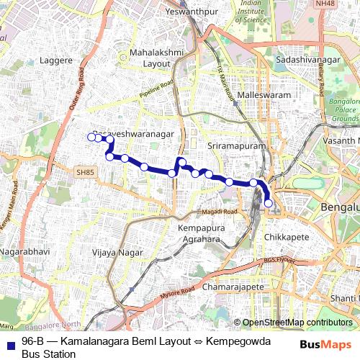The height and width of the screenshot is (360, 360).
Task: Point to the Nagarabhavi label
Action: click(24, 253)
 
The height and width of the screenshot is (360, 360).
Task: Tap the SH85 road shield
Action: click(85, 172)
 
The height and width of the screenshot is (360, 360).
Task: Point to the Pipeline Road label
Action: click(158, 90)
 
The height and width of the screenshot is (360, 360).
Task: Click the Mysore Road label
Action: click(177, 291)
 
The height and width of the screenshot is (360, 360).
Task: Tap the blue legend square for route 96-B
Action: click(10, 341)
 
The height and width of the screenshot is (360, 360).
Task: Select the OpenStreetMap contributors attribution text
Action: click(297, 323)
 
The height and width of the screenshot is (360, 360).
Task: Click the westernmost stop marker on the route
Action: click(91, 137)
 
